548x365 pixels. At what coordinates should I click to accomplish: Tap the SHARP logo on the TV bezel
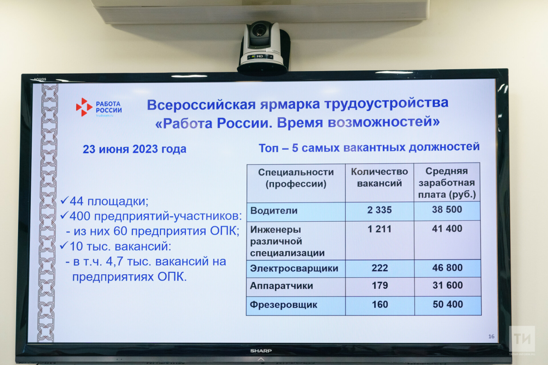pos(261,351)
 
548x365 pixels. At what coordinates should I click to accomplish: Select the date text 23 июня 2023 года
pos(134,149)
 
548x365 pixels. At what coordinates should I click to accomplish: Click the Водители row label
pos(274,211)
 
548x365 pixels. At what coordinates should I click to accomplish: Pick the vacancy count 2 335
pos(379,210)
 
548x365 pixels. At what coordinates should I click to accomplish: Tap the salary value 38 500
pos(447,209)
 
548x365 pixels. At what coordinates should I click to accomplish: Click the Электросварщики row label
pos(294,268)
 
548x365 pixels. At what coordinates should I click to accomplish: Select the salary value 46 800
pos(447,268)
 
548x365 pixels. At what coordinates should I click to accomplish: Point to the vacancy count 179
pos(380,285)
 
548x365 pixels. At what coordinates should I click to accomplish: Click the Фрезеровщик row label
pos(283,305)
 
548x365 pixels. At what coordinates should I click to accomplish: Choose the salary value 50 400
pos(448,304)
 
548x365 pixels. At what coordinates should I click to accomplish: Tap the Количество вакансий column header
pos(379,178)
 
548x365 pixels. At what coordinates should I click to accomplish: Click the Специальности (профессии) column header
pos(296,178)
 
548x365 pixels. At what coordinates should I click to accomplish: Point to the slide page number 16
pos(491,337)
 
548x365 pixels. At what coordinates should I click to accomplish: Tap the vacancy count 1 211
pos(379,229)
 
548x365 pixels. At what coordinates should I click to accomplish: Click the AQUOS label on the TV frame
pos(40,79)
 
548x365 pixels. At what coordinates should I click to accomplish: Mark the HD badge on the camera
pos(259,56)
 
